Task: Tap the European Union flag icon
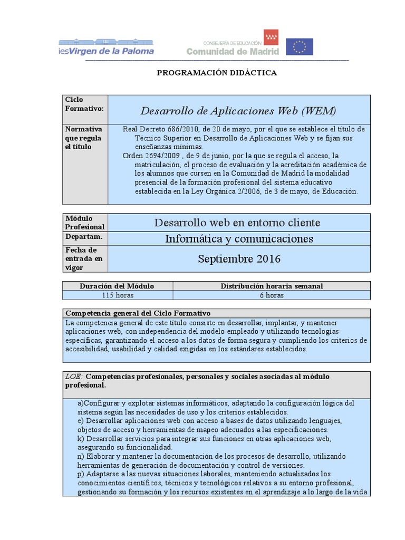[x=300, y=47]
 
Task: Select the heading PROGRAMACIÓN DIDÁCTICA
[x=217, y=73]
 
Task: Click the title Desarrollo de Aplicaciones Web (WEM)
[x=238, y=111]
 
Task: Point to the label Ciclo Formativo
[x=84, y=104]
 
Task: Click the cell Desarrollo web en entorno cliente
[x=237, y=223]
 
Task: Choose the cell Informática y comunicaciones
[x=239, y=239]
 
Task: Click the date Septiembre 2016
[x=239, y=259]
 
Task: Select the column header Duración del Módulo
[x=117, y=286]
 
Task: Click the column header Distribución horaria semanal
[x=272, y=286]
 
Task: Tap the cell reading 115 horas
[x=117, y=295]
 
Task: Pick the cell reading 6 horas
[x=272, y=295]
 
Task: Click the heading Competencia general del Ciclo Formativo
[x=138, y=313]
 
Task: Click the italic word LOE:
[x=74, y=377]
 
